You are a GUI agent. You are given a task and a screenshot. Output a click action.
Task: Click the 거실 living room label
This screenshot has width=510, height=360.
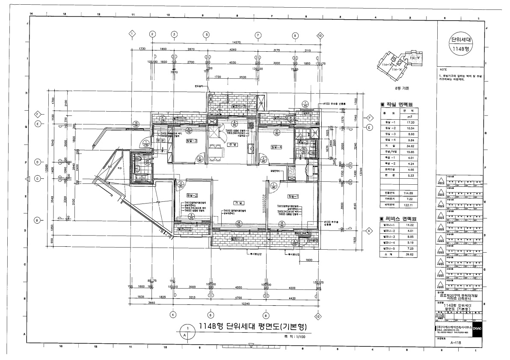pos(238,202)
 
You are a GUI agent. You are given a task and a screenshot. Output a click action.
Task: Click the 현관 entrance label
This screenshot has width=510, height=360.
pos(160,140)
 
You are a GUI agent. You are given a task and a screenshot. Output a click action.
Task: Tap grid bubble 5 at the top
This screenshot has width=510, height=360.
pos(206,35)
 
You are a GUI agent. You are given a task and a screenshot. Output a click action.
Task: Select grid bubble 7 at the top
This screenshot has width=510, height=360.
pos(258,35)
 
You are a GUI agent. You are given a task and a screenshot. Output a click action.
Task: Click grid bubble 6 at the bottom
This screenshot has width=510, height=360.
pos(210,315)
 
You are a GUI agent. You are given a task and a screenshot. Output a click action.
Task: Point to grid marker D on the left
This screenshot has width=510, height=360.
pos(37,162)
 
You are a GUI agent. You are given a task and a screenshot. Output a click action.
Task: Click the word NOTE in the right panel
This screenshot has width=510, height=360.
pos(443,69)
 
